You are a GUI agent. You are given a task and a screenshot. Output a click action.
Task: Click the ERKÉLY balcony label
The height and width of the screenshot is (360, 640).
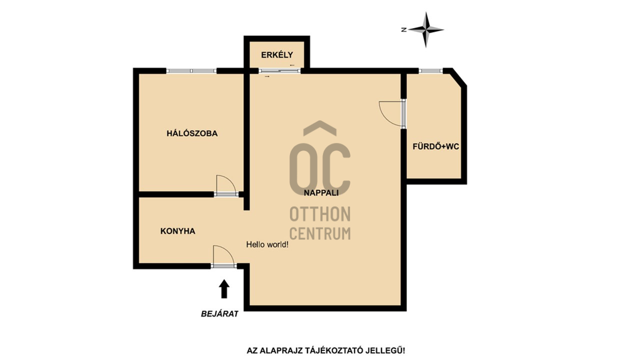pos(277,55)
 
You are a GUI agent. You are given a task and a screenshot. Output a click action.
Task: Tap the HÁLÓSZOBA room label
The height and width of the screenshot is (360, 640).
pos(192,133)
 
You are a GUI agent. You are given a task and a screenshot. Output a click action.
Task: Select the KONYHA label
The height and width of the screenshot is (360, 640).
pos(177,231)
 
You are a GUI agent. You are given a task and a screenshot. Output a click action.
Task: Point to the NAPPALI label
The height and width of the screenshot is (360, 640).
pos(321,193)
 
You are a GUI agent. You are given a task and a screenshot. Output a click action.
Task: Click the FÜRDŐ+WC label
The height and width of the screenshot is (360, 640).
pos(435,147)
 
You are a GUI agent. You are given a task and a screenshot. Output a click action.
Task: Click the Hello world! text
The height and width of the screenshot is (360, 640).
pos(267,244)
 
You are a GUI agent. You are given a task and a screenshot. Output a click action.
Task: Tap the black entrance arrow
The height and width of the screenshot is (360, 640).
pos(224,289)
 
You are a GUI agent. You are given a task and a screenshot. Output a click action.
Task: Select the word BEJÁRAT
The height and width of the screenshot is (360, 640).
pos(219,314)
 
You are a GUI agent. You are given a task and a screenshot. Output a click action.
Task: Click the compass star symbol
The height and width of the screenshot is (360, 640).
pos(426,29)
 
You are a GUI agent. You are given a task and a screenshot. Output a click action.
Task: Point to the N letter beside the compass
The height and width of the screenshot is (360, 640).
pos(404,29)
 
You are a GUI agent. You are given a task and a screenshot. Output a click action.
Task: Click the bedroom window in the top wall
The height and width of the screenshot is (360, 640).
pos(191,71)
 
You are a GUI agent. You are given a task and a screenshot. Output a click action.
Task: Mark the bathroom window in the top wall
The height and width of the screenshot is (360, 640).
pos(430,71)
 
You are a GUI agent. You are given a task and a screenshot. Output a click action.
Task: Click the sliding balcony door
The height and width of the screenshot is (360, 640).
pos(279,71)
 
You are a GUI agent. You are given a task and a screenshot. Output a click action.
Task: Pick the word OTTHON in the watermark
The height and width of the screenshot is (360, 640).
pos(320,214)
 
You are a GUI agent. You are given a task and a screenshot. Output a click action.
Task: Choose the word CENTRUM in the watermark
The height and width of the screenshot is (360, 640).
pos(320,233)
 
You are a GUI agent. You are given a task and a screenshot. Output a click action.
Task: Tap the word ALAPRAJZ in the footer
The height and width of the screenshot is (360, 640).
pos(280,351)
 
